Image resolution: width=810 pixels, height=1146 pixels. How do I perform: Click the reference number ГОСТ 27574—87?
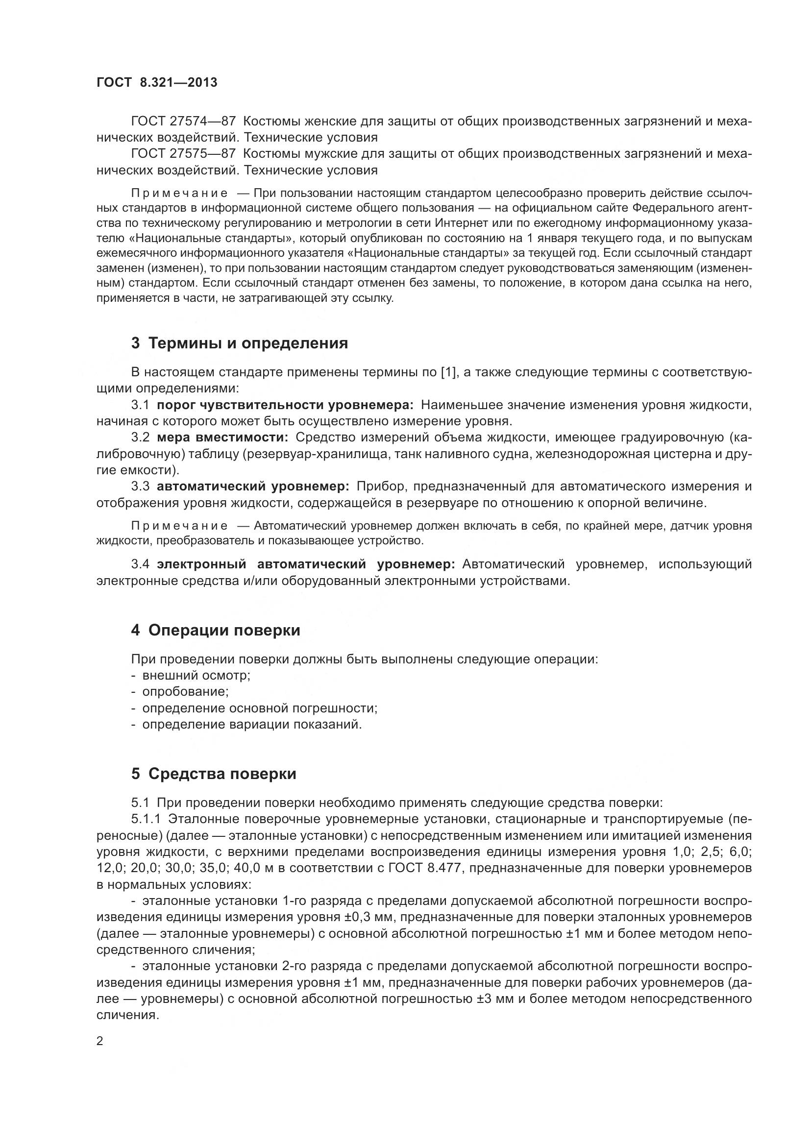click(x=183, y=122)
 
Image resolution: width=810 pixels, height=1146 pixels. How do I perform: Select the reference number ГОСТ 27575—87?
click(x=183, y=154)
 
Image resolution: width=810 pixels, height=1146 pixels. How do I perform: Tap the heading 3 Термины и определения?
click(x=240, y=343)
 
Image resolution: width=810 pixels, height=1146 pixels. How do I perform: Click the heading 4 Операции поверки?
click(x=216, y=631)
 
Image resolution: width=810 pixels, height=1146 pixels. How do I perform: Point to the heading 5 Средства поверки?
click(x=214, y=774)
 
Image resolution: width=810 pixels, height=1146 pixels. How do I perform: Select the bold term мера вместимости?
click(x=222, y=438)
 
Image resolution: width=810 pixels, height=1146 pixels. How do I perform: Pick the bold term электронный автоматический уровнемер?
click(x=305, y=564)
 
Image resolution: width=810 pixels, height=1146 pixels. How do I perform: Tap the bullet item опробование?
click(x=185, y=692)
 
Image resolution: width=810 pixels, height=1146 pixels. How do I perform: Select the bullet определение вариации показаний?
click(x=251, y=724)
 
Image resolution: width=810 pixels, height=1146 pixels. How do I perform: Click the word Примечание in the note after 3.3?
click(x=179, y=526)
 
